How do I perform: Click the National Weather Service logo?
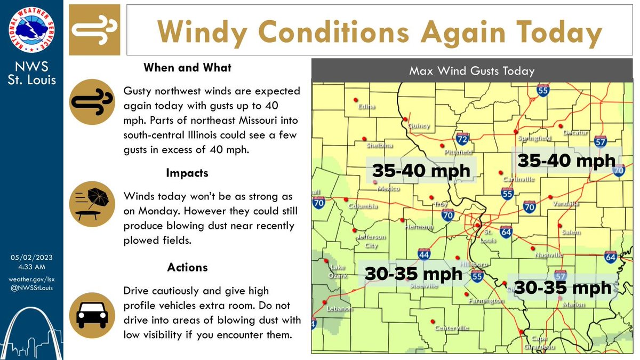[x=31, y=30]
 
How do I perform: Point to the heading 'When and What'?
[x=187, y=68]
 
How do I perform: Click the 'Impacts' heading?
[x=187, y=173]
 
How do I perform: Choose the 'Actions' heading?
[x=187, y=267]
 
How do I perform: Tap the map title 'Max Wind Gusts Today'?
[x=471, y=70]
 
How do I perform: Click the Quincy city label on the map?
[x=418, y=126]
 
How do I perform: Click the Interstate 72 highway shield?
[x=463, y=139]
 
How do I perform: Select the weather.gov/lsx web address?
[x=31, y=279]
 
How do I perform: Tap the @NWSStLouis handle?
[x=31, y=288]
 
